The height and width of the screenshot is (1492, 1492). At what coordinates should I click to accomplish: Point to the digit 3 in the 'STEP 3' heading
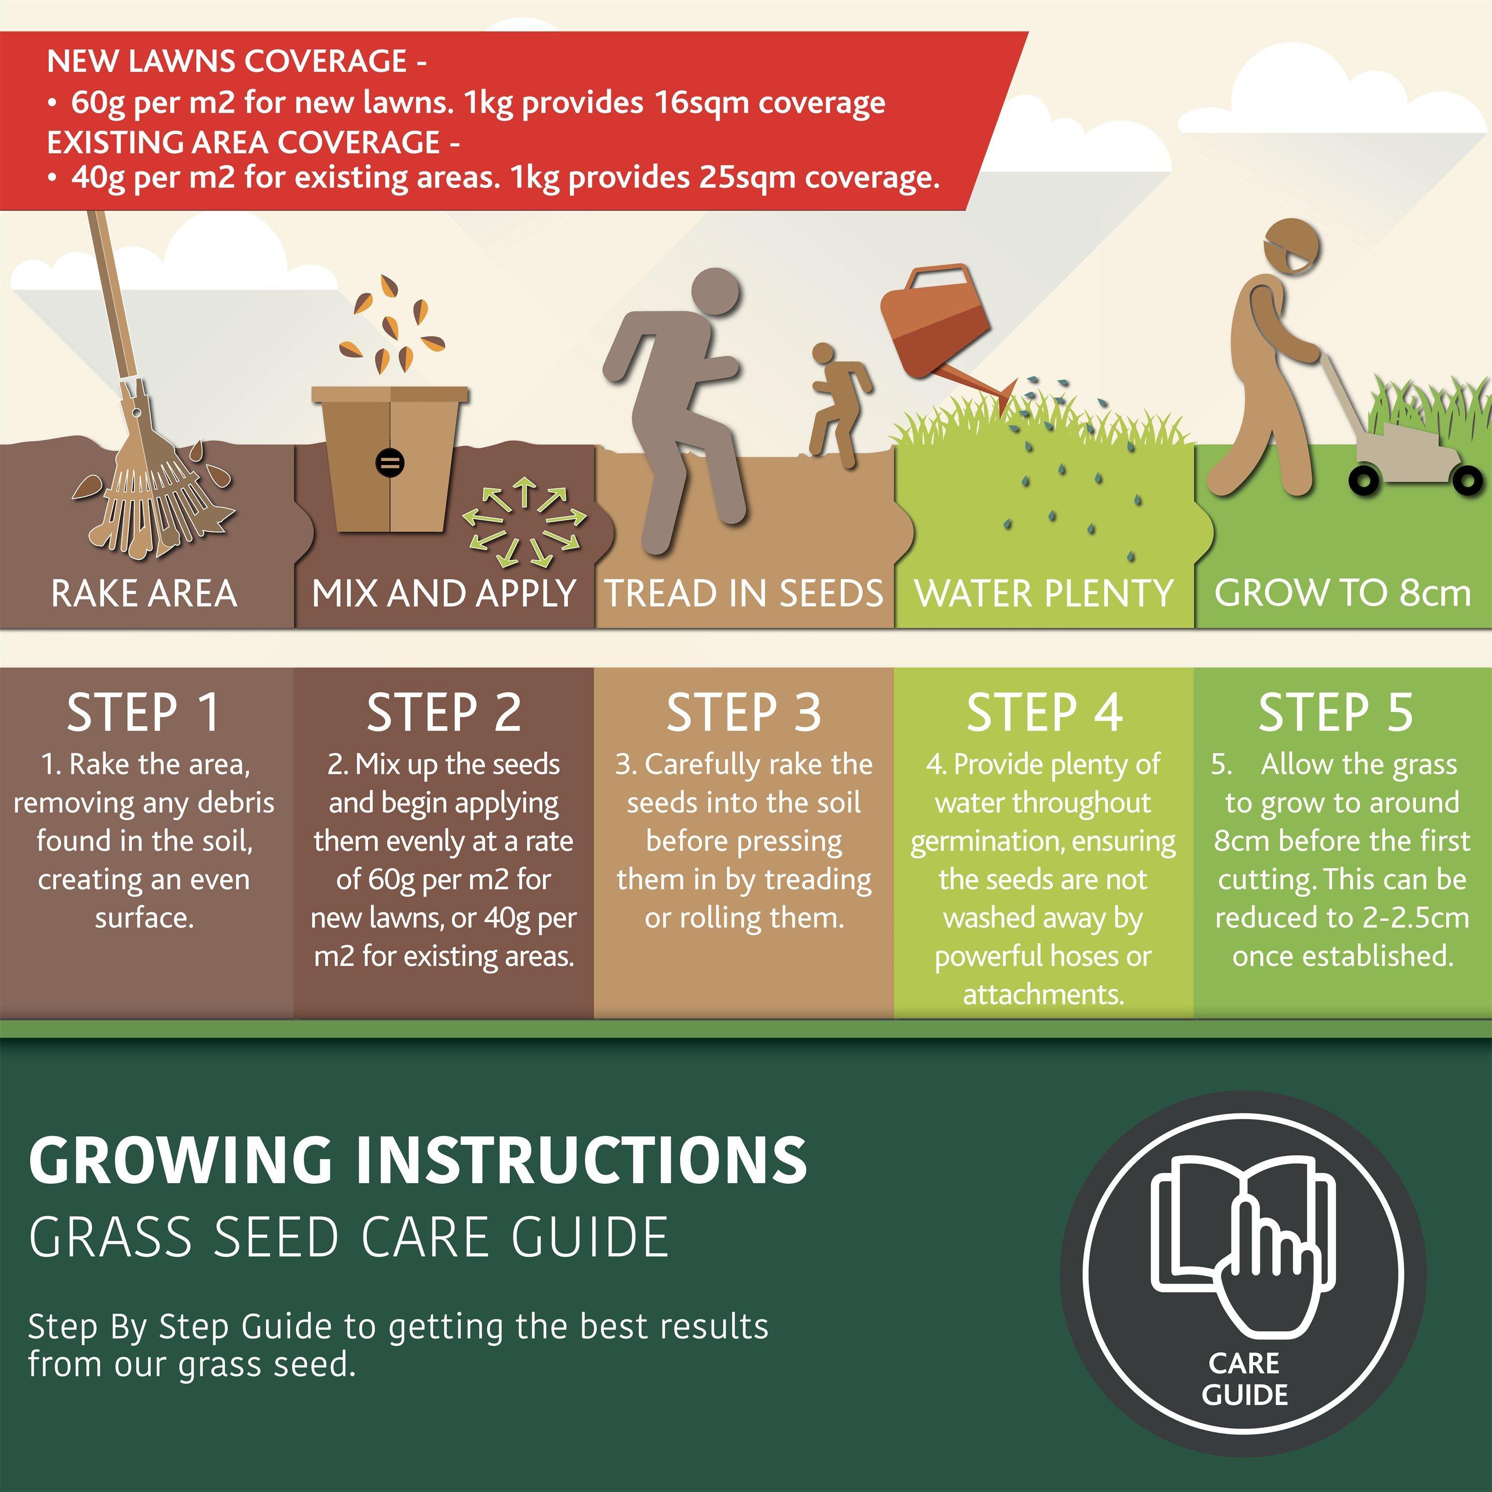pos(808,712)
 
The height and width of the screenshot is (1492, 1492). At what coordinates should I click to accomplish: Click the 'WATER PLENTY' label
pos(1043,593)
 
